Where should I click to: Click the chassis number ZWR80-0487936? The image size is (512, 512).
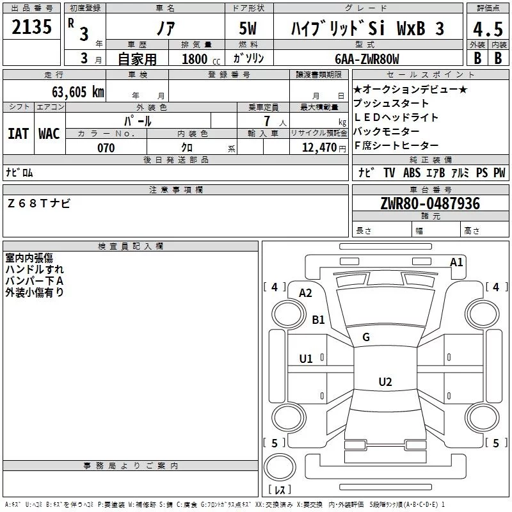[x=430, y=204]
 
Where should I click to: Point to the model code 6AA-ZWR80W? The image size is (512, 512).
[x=367, y=59]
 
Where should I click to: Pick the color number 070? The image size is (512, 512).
[x=106, y=148]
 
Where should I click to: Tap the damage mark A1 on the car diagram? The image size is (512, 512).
[x=456, y=262]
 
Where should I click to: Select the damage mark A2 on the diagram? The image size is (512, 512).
[x=305, y=292]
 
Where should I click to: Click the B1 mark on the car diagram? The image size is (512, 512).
[x=318, y=319]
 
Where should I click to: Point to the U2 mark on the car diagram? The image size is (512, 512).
[x=385, y=381]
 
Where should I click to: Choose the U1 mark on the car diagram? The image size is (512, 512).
[x=306, y=358]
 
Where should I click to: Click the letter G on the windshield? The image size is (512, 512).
[x=366, y=337]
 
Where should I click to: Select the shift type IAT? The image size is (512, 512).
[x=18, y=133]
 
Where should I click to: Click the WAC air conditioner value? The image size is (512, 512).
[x=49, y=133]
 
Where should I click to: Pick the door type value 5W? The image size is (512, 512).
[x=249, y=29]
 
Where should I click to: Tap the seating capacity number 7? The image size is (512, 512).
[x=266, y=120]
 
